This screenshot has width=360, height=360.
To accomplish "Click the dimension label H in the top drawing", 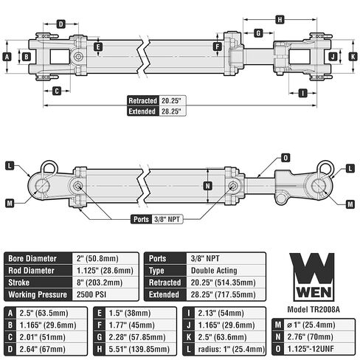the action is click(x=280, y=19).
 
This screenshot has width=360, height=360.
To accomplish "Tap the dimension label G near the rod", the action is click(x=258, y=33).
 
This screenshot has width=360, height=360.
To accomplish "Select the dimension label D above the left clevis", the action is click(x=61, y=24).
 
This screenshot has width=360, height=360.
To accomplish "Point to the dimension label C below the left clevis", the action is click(x=57, y=91).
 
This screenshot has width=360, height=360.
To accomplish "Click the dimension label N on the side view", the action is click(x=208, y=186).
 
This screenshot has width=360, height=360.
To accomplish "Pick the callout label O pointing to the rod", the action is click(x=285, y=158).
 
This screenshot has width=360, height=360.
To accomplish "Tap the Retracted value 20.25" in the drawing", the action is click(x=171, y=101).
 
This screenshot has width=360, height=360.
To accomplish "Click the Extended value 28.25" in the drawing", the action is click(x=171, y=111).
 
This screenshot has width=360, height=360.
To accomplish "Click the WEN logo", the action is click(x=312, y=277).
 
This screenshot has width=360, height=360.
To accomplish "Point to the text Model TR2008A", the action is click(x=314, y=309).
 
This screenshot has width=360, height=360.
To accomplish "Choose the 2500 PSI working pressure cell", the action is click(x=91, y=294).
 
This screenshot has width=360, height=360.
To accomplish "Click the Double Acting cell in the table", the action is click(x=214, y=271).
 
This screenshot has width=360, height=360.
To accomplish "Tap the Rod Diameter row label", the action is click(x=31, y=271).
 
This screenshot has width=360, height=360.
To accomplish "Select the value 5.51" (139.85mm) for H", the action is click(x=139, y=349).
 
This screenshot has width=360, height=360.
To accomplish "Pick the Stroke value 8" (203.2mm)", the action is click(x=100, y=283).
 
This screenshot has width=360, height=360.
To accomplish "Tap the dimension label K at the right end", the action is click(x=353, y=57).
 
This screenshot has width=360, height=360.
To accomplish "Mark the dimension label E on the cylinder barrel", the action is click(x=98, y=46).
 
